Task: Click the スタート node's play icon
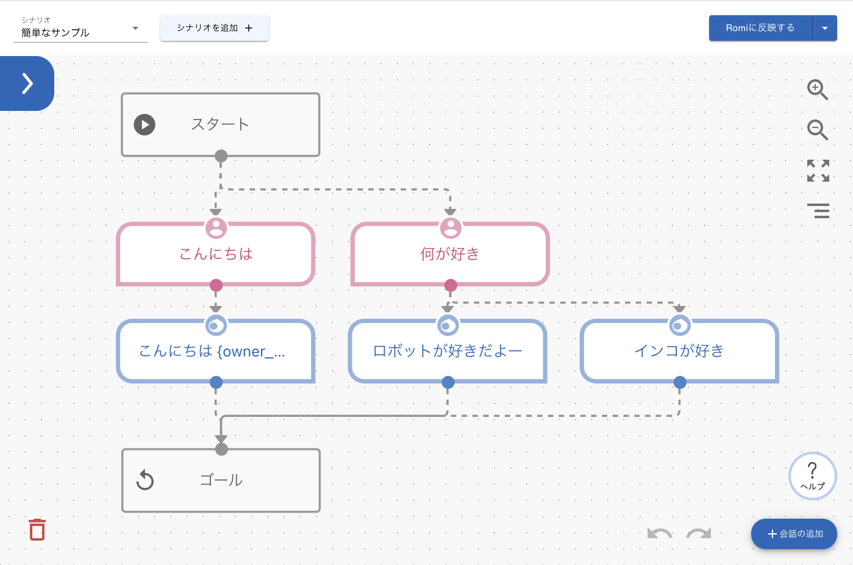pos(145,124)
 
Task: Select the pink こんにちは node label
pos(216,254)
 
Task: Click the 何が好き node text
pos(450,254)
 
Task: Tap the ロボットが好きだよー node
pos(448,351)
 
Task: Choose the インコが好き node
pos(679,351)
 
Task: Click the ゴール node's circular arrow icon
pos(145,480)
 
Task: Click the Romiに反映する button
pos(760,28)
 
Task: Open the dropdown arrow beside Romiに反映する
pos(825,28)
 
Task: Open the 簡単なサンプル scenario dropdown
pos(80,32)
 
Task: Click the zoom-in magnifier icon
pos(817,90)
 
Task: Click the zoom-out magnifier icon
pos(817,130)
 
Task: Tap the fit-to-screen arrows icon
pos(818,171)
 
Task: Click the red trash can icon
pos(37,530)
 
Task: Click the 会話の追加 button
pos(794,534)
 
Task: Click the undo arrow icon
pos(660,534)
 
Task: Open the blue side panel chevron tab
pos(27,84)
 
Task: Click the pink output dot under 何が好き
pos(451,285)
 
